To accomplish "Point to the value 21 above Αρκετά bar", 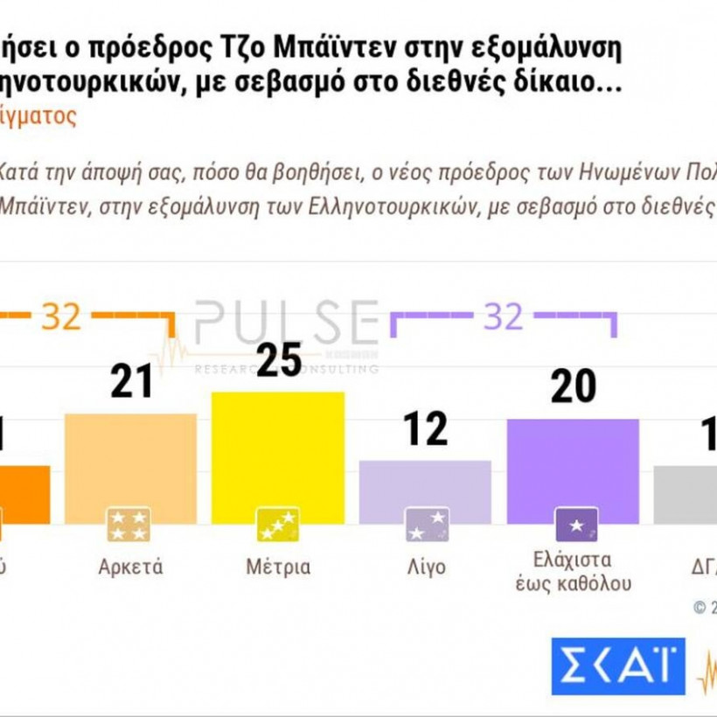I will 132,381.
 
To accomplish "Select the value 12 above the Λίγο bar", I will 427,428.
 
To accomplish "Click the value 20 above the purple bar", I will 574,388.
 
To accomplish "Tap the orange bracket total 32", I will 61,317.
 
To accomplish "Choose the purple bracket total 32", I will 504,317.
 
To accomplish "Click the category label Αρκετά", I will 131,567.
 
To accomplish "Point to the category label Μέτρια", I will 278,567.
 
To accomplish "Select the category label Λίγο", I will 426,567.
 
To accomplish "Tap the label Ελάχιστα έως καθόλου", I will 573,571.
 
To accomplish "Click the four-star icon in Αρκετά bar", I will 129,525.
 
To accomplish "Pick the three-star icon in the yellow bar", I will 277,525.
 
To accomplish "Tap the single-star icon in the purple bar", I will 577,525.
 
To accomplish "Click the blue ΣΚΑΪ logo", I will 617,666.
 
